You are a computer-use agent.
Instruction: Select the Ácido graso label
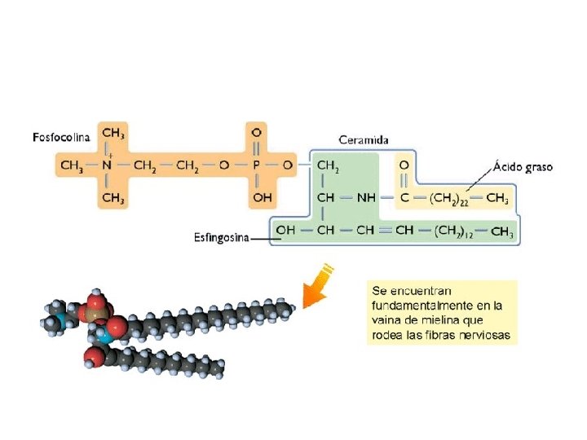[523, 166]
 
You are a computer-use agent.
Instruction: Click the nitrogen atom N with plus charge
[107, 165]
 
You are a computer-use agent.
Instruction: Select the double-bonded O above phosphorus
[257, 132]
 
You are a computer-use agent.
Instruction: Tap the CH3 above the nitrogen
[113, 132]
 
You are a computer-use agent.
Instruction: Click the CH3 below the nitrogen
[113, 197]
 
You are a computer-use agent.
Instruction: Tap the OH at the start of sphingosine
[285, 231]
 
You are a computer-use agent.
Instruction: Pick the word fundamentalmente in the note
[418, 306]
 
